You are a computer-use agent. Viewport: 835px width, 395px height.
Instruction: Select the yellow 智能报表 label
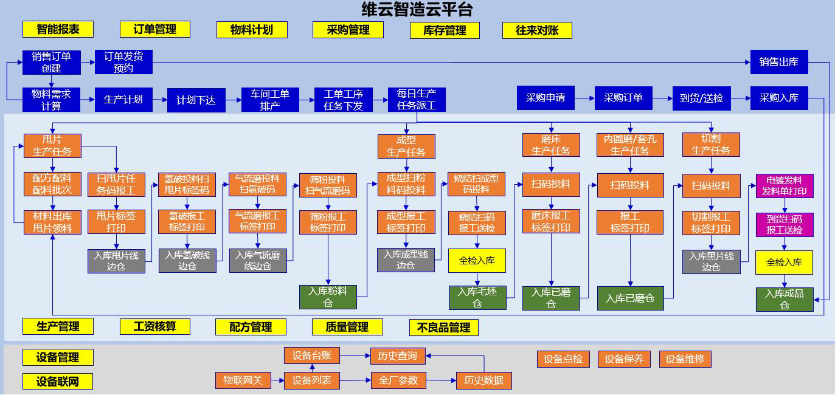coord(58,29)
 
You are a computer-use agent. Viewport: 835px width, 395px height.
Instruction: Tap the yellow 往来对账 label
coord(537,30)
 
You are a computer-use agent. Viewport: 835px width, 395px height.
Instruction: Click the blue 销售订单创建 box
coord(52,62)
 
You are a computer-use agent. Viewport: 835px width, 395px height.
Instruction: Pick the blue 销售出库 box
coord(778,62)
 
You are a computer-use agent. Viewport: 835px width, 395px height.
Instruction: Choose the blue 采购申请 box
coord(546,98)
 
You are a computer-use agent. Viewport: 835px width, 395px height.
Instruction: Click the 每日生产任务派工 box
coord(417,100)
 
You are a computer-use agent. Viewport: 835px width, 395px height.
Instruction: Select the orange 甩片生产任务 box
coord(52,146)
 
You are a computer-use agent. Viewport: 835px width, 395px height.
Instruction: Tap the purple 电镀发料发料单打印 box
coord(785,186)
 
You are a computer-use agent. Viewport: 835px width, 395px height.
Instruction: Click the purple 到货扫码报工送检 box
coord(785,225)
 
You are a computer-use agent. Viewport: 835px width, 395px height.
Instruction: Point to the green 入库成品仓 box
coord(785,299)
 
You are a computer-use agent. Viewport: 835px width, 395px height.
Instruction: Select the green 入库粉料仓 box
coord(328,297)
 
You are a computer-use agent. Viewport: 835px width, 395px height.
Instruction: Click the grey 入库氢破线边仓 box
coord(187,261)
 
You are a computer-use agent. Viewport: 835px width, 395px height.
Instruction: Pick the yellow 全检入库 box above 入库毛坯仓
coord(477,261)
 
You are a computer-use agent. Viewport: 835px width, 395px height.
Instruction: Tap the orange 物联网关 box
coord(243,380)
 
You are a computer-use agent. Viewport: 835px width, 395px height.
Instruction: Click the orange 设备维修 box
coord(685,359)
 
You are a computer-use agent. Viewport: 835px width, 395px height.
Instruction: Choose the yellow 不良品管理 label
coord(443,328)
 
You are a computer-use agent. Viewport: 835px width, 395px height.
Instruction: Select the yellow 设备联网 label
coord(58,382)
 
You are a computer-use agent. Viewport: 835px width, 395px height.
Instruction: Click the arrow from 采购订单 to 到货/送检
coord(662,98)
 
